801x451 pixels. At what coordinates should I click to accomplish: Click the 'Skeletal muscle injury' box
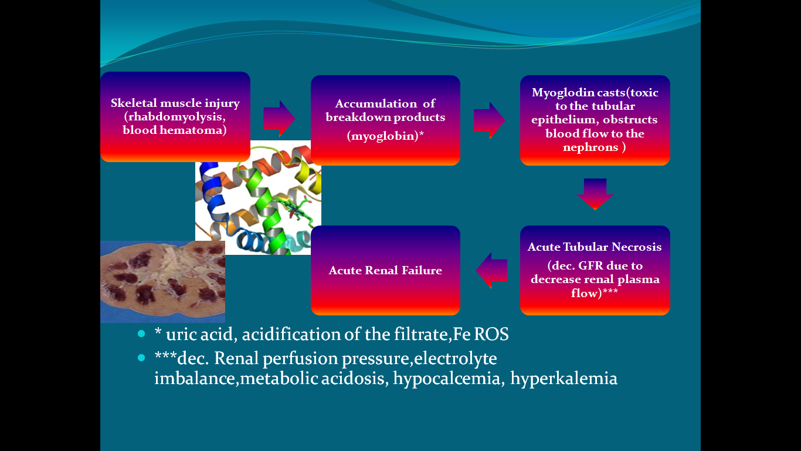[x=175, y=116]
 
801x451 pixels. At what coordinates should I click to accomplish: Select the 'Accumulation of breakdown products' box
[x=385, y=120]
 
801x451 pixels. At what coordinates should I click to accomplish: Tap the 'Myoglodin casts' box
[x=595, y=120]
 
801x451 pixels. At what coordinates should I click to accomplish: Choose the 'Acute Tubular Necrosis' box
[x=595, y=270]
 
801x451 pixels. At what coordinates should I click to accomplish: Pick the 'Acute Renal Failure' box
[x=385, y=270]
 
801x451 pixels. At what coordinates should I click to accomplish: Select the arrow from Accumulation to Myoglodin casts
[x=489, y=120]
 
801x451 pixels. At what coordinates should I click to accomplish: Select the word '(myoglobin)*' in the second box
[x=385, y=136]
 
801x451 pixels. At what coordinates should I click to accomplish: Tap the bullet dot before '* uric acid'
[x=141, y=334]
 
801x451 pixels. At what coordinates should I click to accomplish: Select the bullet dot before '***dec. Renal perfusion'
[x=141, y=358]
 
